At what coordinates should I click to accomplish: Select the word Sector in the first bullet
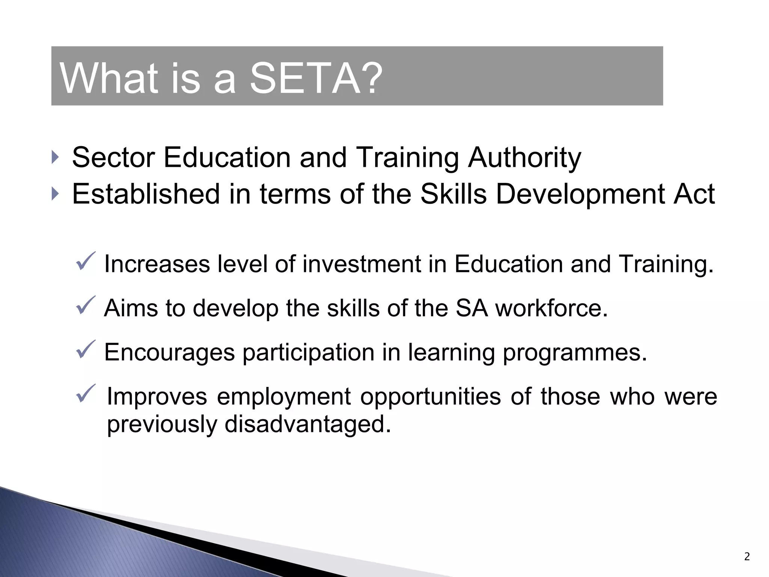tap(113, 157)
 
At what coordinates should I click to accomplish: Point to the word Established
tap(146, 194)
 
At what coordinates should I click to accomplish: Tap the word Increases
tap(157, 264)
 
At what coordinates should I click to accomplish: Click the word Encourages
tap(170, 352)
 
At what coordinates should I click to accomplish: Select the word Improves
tap(157, 396)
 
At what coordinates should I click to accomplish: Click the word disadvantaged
tap(308, 424)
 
